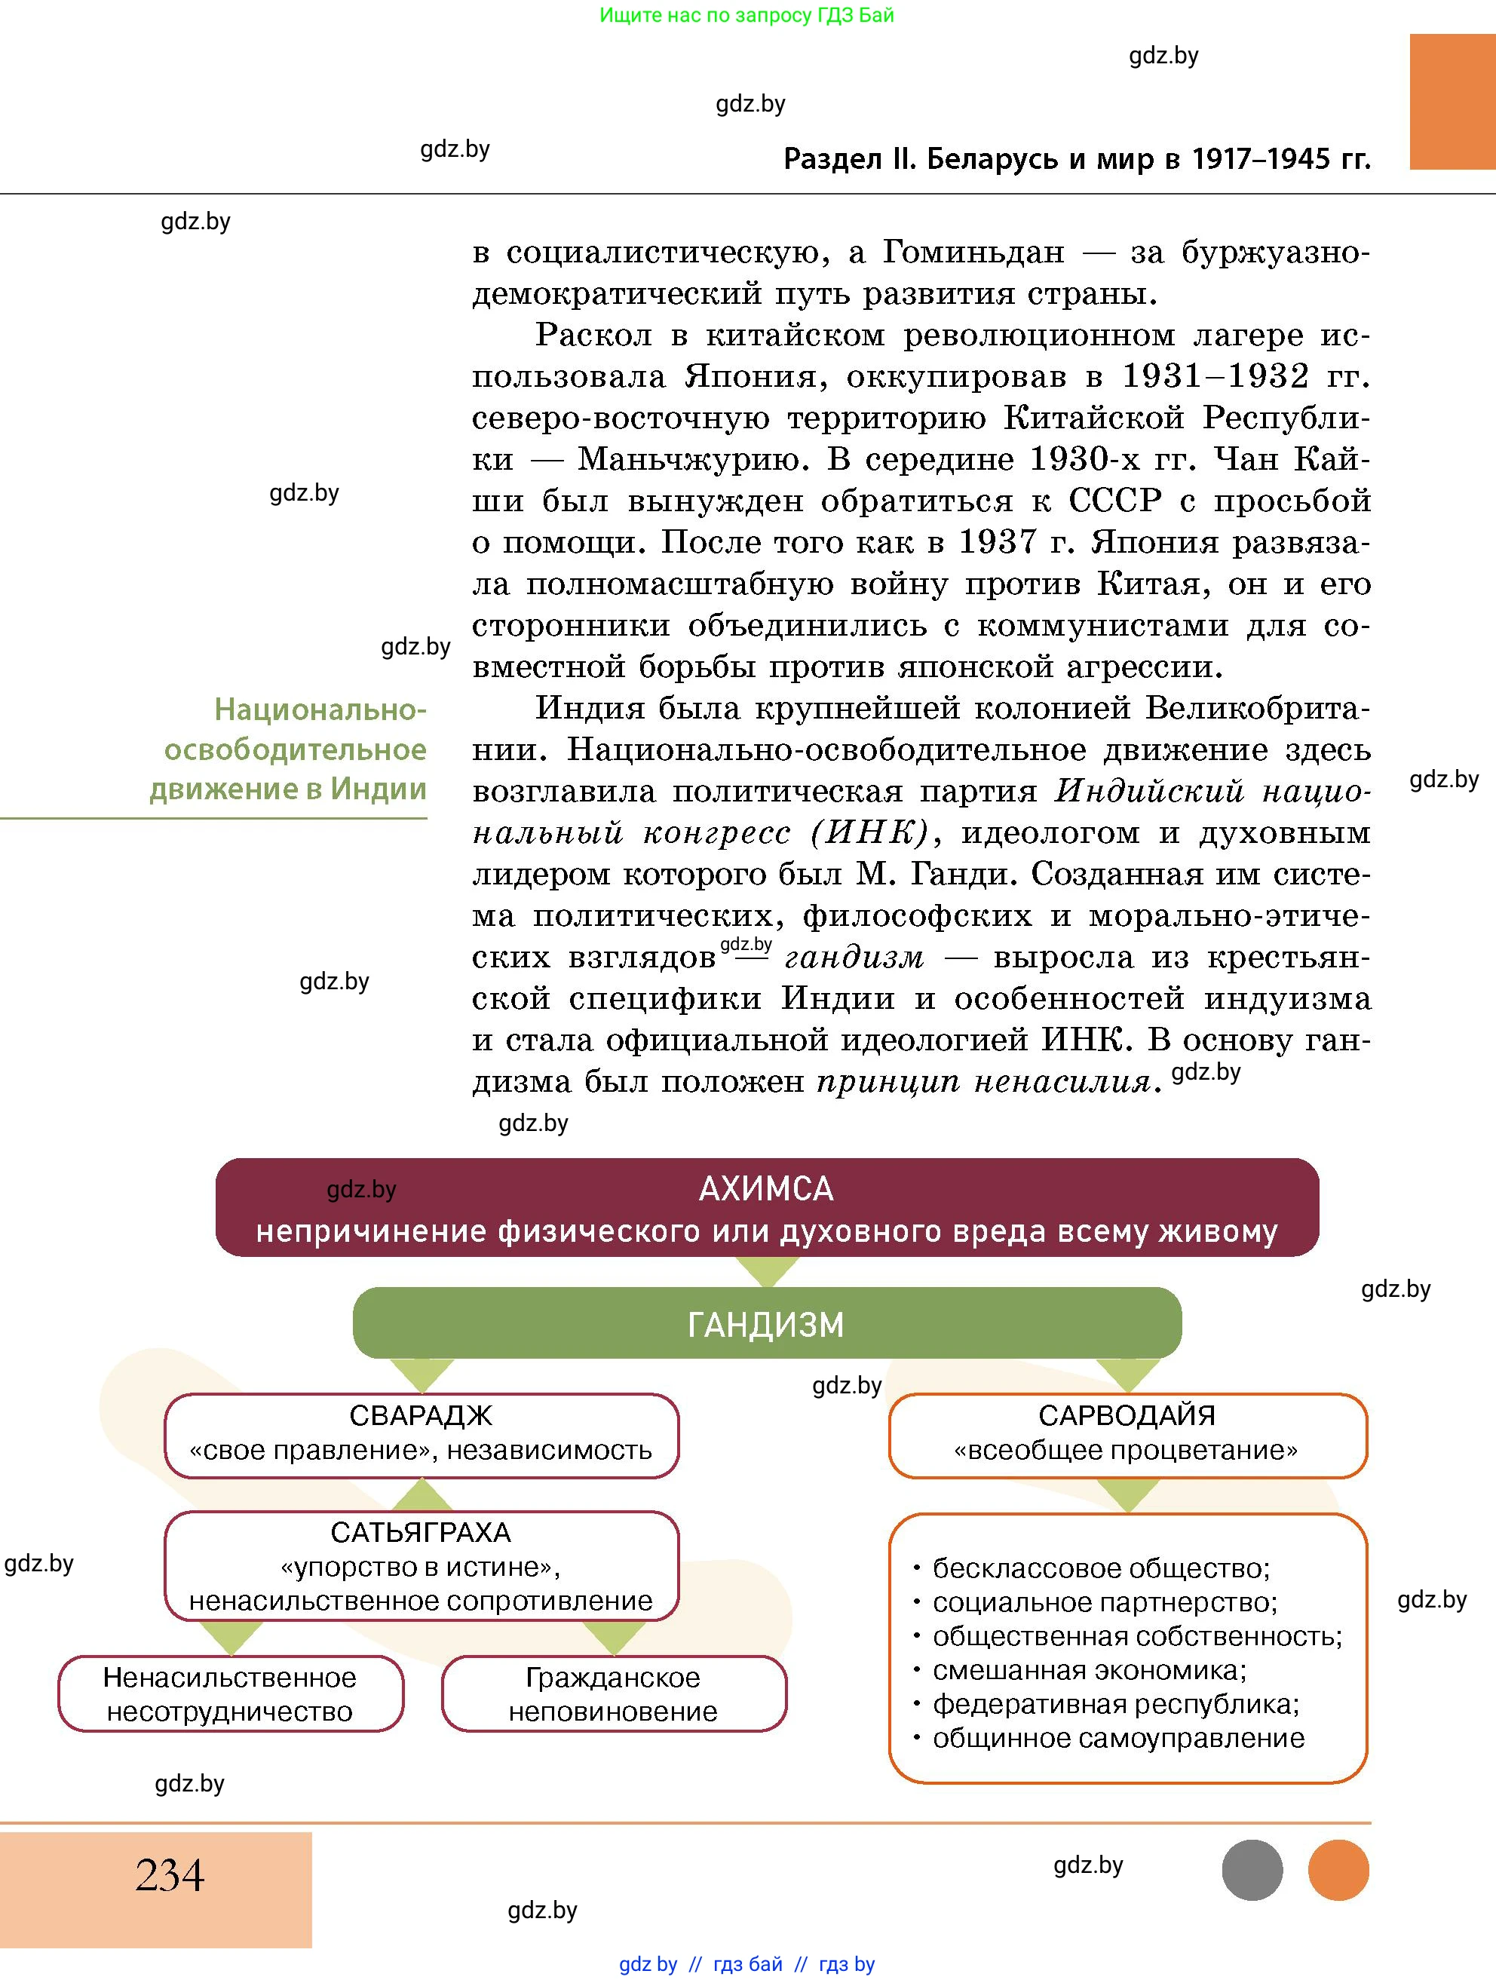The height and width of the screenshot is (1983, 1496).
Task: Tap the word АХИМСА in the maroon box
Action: (x=765, y=1189)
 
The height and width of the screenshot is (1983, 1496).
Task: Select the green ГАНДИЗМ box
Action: (x=766, y=1324)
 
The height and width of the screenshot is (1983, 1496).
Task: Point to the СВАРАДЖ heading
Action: (x=421, y=1415)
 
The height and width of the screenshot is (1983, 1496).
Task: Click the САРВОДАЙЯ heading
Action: (x=1127, y=1415)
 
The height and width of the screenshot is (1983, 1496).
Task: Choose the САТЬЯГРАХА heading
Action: (x=421, y=1532)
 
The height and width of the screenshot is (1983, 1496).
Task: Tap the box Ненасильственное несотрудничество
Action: (x=231, y=1693)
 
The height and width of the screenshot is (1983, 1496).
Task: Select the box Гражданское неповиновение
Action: (x=613, y=1693)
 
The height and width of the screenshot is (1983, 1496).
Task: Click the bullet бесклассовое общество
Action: (x=1101, y=1568)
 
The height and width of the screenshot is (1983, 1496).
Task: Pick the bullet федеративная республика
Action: (x=1116, y=1703)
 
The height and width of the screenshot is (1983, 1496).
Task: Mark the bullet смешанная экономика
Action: (x=1089, y=1669)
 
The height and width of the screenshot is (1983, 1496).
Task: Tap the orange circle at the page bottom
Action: (x=1338, y=1870)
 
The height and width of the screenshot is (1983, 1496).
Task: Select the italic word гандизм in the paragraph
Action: (x=854, y=958)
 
